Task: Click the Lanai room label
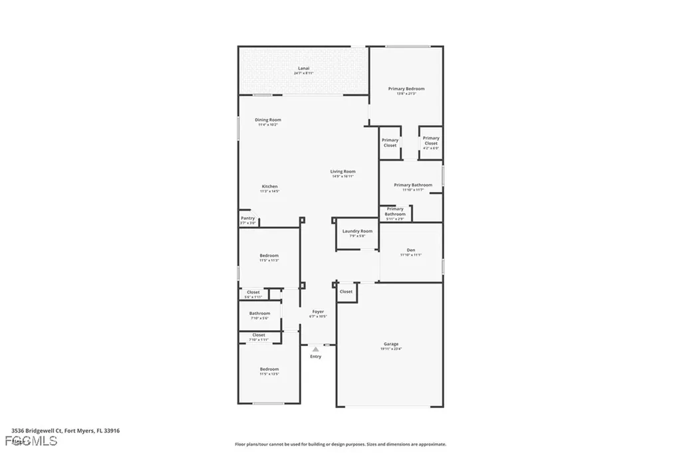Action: coord(303,68)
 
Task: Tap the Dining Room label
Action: coord(268,120)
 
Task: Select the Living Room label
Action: coord(343,172)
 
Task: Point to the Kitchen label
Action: coord(269,187)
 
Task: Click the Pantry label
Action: coord(248,219)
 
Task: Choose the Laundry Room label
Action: coord(357,231)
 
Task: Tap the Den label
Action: coord(411,250)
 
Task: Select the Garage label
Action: coord(391,344)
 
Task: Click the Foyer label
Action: coord(318,312)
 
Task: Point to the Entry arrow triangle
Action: coord(316,348)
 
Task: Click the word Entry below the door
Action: coord(316,357)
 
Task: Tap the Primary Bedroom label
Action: coord(406,88)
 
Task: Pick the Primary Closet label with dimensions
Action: coord(431,141)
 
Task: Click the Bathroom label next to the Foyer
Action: coord(259,314)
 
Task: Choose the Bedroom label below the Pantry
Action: coord(269,256)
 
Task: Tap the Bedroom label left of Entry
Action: coord(269,369)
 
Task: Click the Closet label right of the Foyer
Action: coord(346,292)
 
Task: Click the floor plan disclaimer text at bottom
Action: coord(340,444)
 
